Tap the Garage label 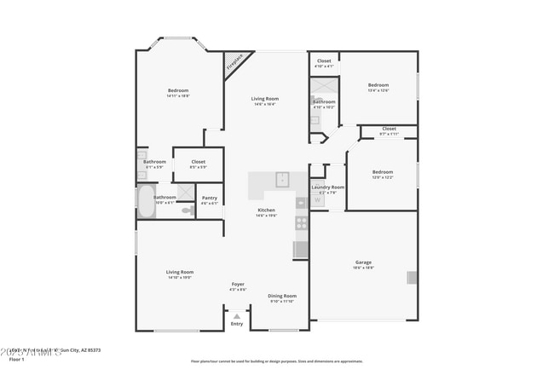(x=364, y=262)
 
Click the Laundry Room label (x=327, y=187)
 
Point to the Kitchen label (x=266, y=210)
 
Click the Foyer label (x=238, y=284)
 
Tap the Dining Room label (x=281, y=296)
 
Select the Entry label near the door (x=236, y=324)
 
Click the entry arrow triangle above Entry (x=236, y=316)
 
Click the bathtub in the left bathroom (x=146, y=204)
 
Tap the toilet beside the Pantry (x=187, y=210)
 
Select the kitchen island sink (x=282, y=178)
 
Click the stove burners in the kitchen (x=301, y=224)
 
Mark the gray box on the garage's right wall (x=412, y=277)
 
